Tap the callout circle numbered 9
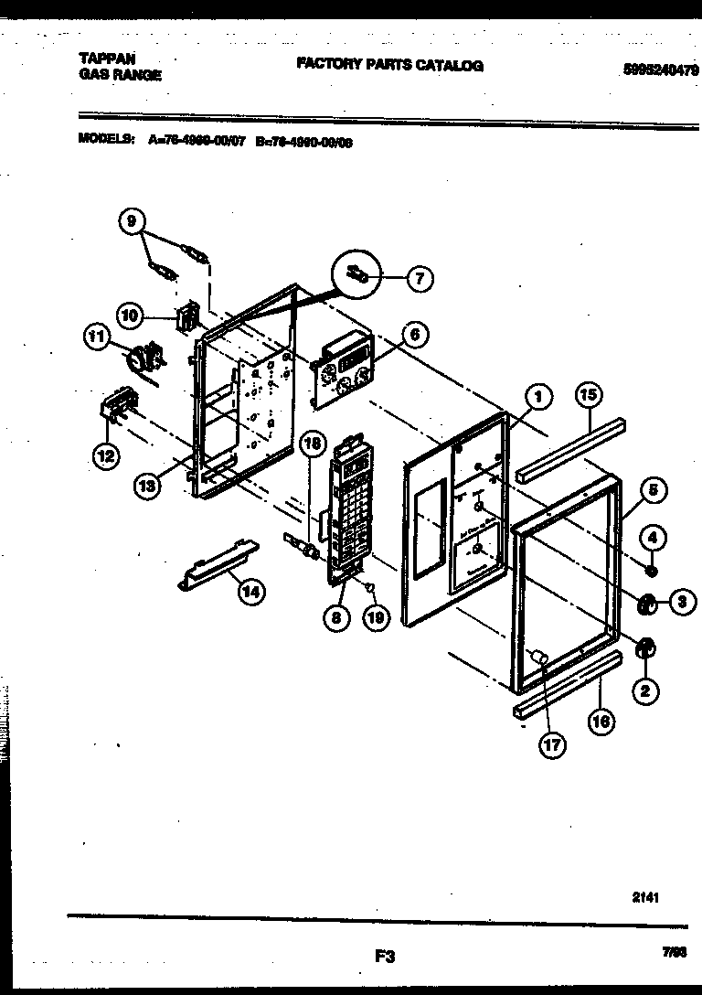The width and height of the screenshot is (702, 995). (132, 220)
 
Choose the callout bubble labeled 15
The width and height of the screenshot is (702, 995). (589, 395)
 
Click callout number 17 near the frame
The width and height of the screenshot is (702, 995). (551, 745)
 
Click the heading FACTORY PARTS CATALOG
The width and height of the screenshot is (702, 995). (389, 66)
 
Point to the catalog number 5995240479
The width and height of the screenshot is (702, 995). (657, 69)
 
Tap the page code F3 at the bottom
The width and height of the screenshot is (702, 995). (384, 958)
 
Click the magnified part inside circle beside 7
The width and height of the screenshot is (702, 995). (357, 273)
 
